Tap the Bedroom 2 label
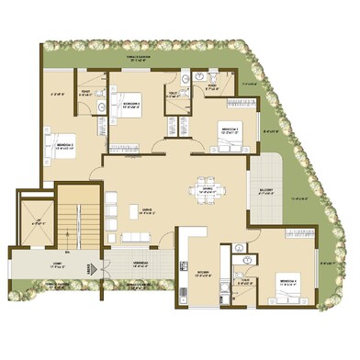pyautogui.click(x=131, y=105)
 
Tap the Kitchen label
pyautogui.click(x=204, y=273)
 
